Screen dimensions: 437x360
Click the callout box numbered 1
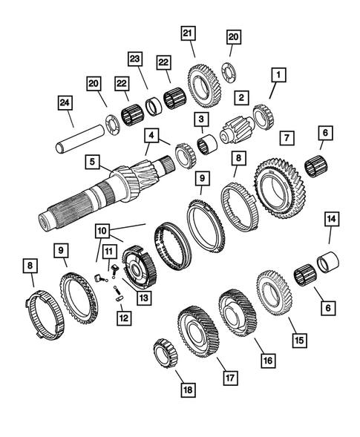pyautogui.click(x=278, y=74)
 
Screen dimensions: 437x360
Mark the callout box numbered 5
pyautogui.click(x=92, y=160)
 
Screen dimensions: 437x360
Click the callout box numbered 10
pyautogui.click(x=102, y=231)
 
